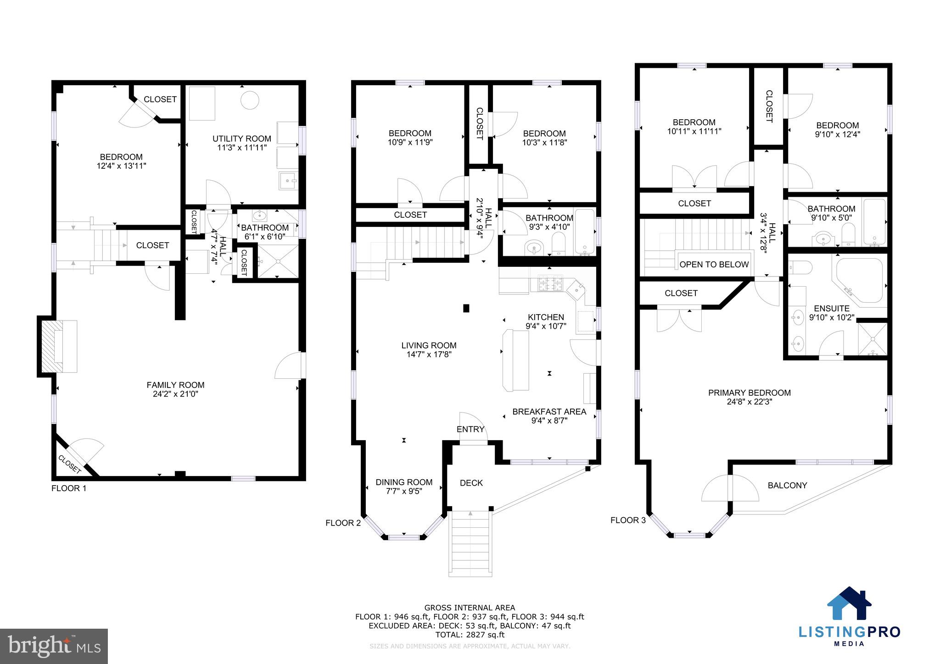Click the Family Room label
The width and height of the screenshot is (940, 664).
(x=175, y=385)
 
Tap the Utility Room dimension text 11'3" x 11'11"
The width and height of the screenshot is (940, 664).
(x=242, y=148)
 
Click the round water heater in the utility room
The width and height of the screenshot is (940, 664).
(x=251, y=100)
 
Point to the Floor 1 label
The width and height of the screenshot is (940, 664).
(x=69, y=488)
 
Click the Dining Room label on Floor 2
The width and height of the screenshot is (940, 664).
(x=404, y=482)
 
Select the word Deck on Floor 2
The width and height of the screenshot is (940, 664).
(x=471, y=483)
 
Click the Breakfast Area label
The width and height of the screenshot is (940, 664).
(x=549, y=412)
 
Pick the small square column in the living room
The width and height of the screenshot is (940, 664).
(x=466, y=308)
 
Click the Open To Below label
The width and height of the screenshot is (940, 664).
(x=714, y=265)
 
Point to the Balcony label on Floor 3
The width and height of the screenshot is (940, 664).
(x=788, y=485)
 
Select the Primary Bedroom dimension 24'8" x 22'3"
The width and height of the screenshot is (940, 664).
(x=750, y=402)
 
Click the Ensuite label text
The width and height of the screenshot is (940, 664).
(x=832, y=309)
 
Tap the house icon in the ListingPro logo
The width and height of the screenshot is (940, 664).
(x=849, y=603)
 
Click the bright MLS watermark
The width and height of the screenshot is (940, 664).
(x=54, y=646)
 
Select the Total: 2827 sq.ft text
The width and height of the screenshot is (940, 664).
(x=470, y=635)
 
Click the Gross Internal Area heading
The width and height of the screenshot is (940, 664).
(x=470, y=608)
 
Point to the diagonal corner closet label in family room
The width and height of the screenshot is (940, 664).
(x=70, y=464)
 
